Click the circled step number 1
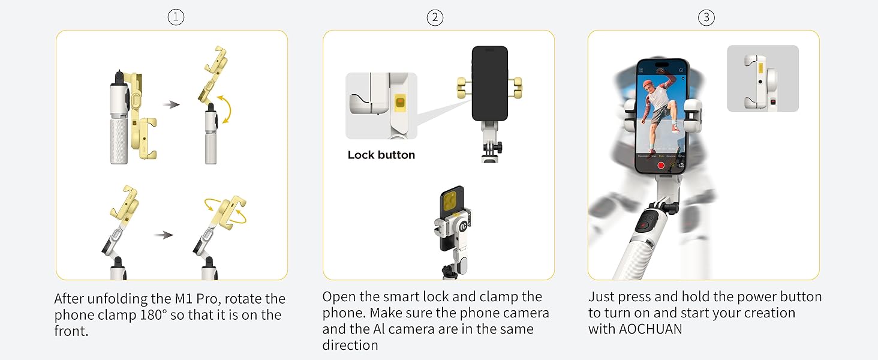(x=176, y=17)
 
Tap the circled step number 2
(x=435, y=17)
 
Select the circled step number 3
(x=706, y=17)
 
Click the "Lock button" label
(x=381, y=155)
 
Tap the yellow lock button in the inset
(x=400, y=103)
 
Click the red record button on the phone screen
(x=661, y=166)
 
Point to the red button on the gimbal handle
(x=643, y=226)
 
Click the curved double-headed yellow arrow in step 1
(x=225, y=109)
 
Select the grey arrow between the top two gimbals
(x=172, y=104)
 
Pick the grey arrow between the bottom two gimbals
(x=164, y=235)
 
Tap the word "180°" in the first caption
(x=154, y=315)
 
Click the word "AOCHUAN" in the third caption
(x=651, y=329)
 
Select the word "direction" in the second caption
(x=350, y=345)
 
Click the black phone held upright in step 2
(x=489, y=83)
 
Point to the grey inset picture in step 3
(x=763, y=79)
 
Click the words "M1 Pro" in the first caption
(x=196, y=299)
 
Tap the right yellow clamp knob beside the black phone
(x=516, y=88)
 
